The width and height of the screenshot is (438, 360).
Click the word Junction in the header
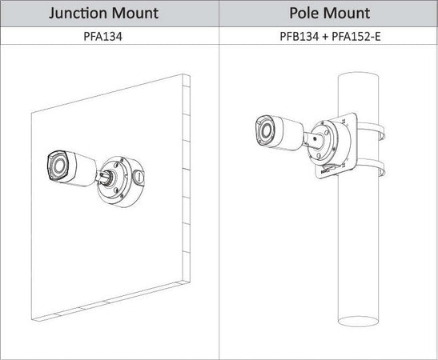77,14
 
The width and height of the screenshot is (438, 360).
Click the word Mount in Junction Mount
135,14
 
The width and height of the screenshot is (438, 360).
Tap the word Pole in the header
303,13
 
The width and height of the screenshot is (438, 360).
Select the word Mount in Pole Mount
347,13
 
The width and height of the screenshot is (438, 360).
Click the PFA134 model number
102,37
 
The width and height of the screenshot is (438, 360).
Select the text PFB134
299,37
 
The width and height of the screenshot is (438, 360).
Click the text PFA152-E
356,37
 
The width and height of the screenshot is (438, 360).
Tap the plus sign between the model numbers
325,37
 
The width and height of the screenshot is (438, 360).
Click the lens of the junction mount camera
59,166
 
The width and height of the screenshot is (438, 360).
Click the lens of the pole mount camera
266,130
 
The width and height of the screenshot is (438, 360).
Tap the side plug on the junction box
138,176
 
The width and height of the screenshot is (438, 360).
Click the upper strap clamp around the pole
372,130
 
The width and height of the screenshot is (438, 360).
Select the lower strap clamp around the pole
372,167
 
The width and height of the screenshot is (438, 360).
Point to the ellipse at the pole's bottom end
359,322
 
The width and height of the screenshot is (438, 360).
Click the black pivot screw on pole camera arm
315,138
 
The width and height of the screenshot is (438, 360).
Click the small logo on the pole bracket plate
326,171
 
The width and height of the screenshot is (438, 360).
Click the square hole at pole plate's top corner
344,121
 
